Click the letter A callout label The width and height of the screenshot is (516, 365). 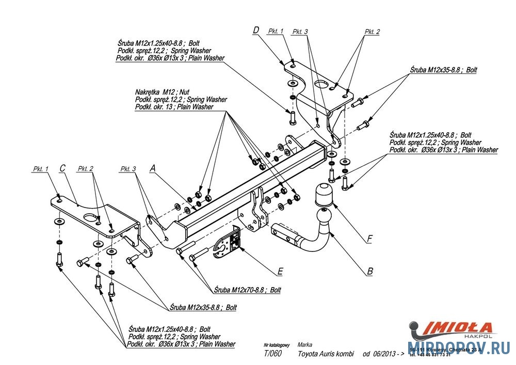(152, 168)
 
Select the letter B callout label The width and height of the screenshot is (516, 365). (370, 271)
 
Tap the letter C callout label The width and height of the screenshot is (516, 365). (62, 168)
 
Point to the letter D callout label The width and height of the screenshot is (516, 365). (255, 30)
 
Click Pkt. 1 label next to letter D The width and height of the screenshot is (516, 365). (276, 31)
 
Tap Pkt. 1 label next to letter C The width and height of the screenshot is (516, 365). (40, 169)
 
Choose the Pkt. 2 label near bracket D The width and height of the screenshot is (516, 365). (372, 31)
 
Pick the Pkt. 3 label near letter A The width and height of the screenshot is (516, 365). (128, 169)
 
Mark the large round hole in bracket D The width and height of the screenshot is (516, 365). (322, 84)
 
